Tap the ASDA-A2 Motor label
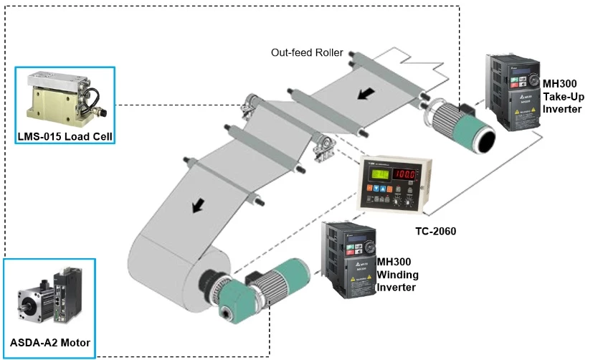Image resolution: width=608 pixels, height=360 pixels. point(50,342)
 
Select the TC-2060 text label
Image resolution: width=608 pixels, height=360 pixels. point(435,231)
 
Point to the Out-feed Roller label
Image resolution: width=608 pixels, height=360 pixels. point(307,52)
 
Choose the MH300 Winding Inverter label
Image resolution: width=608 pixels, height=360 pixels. point(397,275)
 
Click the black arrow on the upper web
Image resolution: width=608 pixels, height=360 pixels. point(366,93)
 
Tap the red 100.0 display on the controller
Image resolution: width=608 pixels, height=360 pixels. point(407,174)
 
